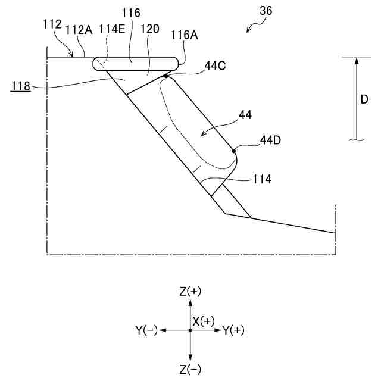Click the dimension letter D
364,99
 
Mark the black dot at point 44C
166,76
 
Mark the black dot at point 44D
234,151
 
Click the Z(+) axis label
190,291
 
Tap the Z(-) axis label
190,370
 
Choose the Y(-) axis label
146,330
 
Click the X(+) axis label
203,321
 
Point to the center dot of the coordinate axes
190,330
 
